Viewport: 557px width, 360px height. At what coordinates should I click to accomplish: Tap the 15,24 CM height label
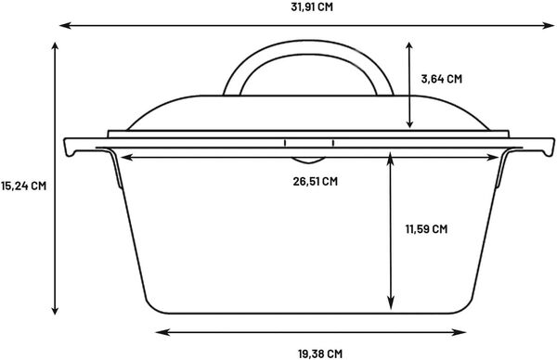point(23,185)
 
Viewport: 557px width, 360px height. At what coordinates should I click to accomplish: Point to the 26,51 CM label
point(315,181)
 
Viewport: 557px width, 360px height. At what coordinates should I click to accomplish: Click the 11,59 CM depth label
point(427,228)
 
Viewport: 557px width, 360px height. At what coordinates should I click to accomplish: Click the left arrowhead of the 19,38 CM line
point(159,330)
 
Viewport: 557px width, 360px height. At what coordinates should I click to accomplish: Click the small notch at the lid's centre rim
point(309,144)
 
